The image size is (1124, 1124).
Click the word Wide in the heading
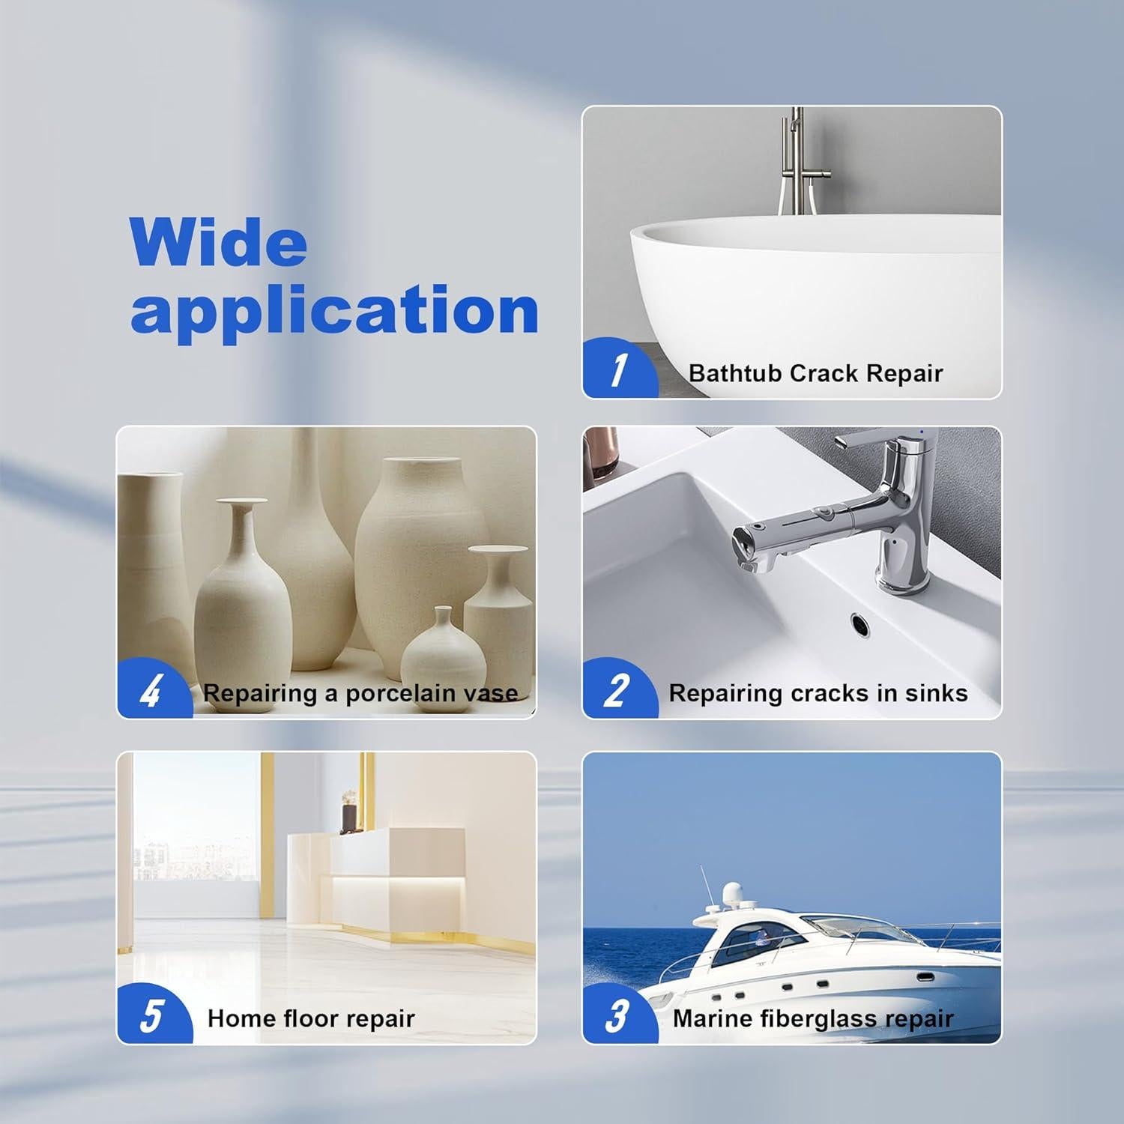click(218, 242)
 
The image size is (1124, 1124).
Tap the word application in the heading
click(334, 310)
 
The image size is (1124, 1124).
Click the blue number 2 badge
click(616, 690)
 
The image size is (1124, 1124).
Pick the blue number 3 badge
click(616, 1016)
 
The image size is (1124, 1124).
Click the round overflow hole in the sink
click(859, 621)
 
